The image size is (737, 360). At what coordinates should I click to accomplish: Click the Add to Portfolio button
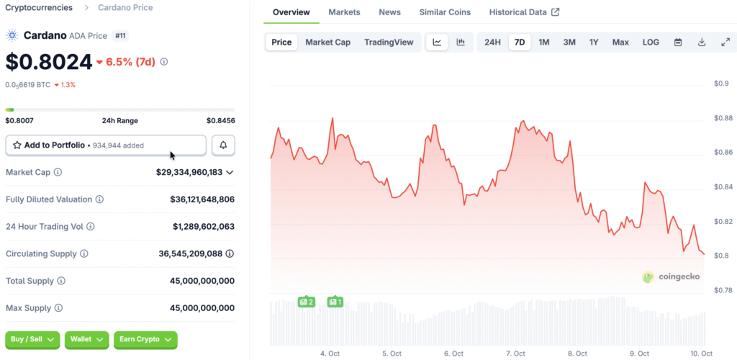pyautogui.click(x=106, y=145)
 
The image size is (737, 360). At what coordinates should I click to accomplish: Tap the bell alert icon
pyautogui.click(x=223, y=145)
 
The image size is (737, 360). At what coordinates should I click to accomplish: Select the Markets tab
pyautogui.click(x=344, y=12)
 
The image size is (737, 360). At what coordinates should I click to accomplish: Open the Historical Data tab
pyautogui.click(x=524, y=12)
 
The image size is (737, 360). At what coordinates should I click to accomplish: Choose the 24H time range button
pyautogui.click(x=492, y=42)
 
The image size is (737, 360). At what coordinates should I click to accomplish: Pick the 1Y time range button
pyautogui.click(x=594, y=42)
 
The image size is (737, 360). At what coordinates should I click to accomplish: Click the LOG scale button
pyautogui.click(x=651, y=42)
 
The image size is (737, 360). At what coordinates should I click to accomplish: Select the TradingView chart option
pyautogui.click(x=389, y=42)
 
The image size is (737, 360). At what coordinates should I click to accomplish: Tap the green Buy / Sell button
pyautogui.click(x=32, y=339)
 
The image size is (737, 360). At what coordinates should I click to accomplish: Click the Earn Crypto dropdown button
pyautogui.click(x=145, y=339)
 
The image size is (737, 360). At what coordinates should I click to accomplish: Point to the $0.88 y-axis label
pyautogui.click(x=722, y=118)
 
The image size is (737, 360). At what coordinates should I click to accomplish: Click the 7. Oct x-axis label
pyautogui.click(x=515, y=354)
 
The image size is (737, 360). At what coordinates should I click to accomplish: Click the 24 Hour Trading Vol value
pyautogui.click(x=204, y=226)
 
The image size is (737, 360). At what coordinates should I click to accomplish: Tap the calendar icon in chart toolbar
pyautogui.click(x=678, y=42)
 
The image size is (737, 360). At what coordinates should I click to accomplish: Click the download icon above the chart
pyautogui.click(x=702, y=42)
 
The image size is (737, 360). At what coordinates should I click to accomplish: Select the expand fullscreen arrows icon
pyautogui.click(x=725, y=42)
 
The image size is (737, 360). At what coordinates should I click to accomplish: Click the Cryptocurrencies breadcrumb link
pyautogui.click(x=39, y=8)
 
